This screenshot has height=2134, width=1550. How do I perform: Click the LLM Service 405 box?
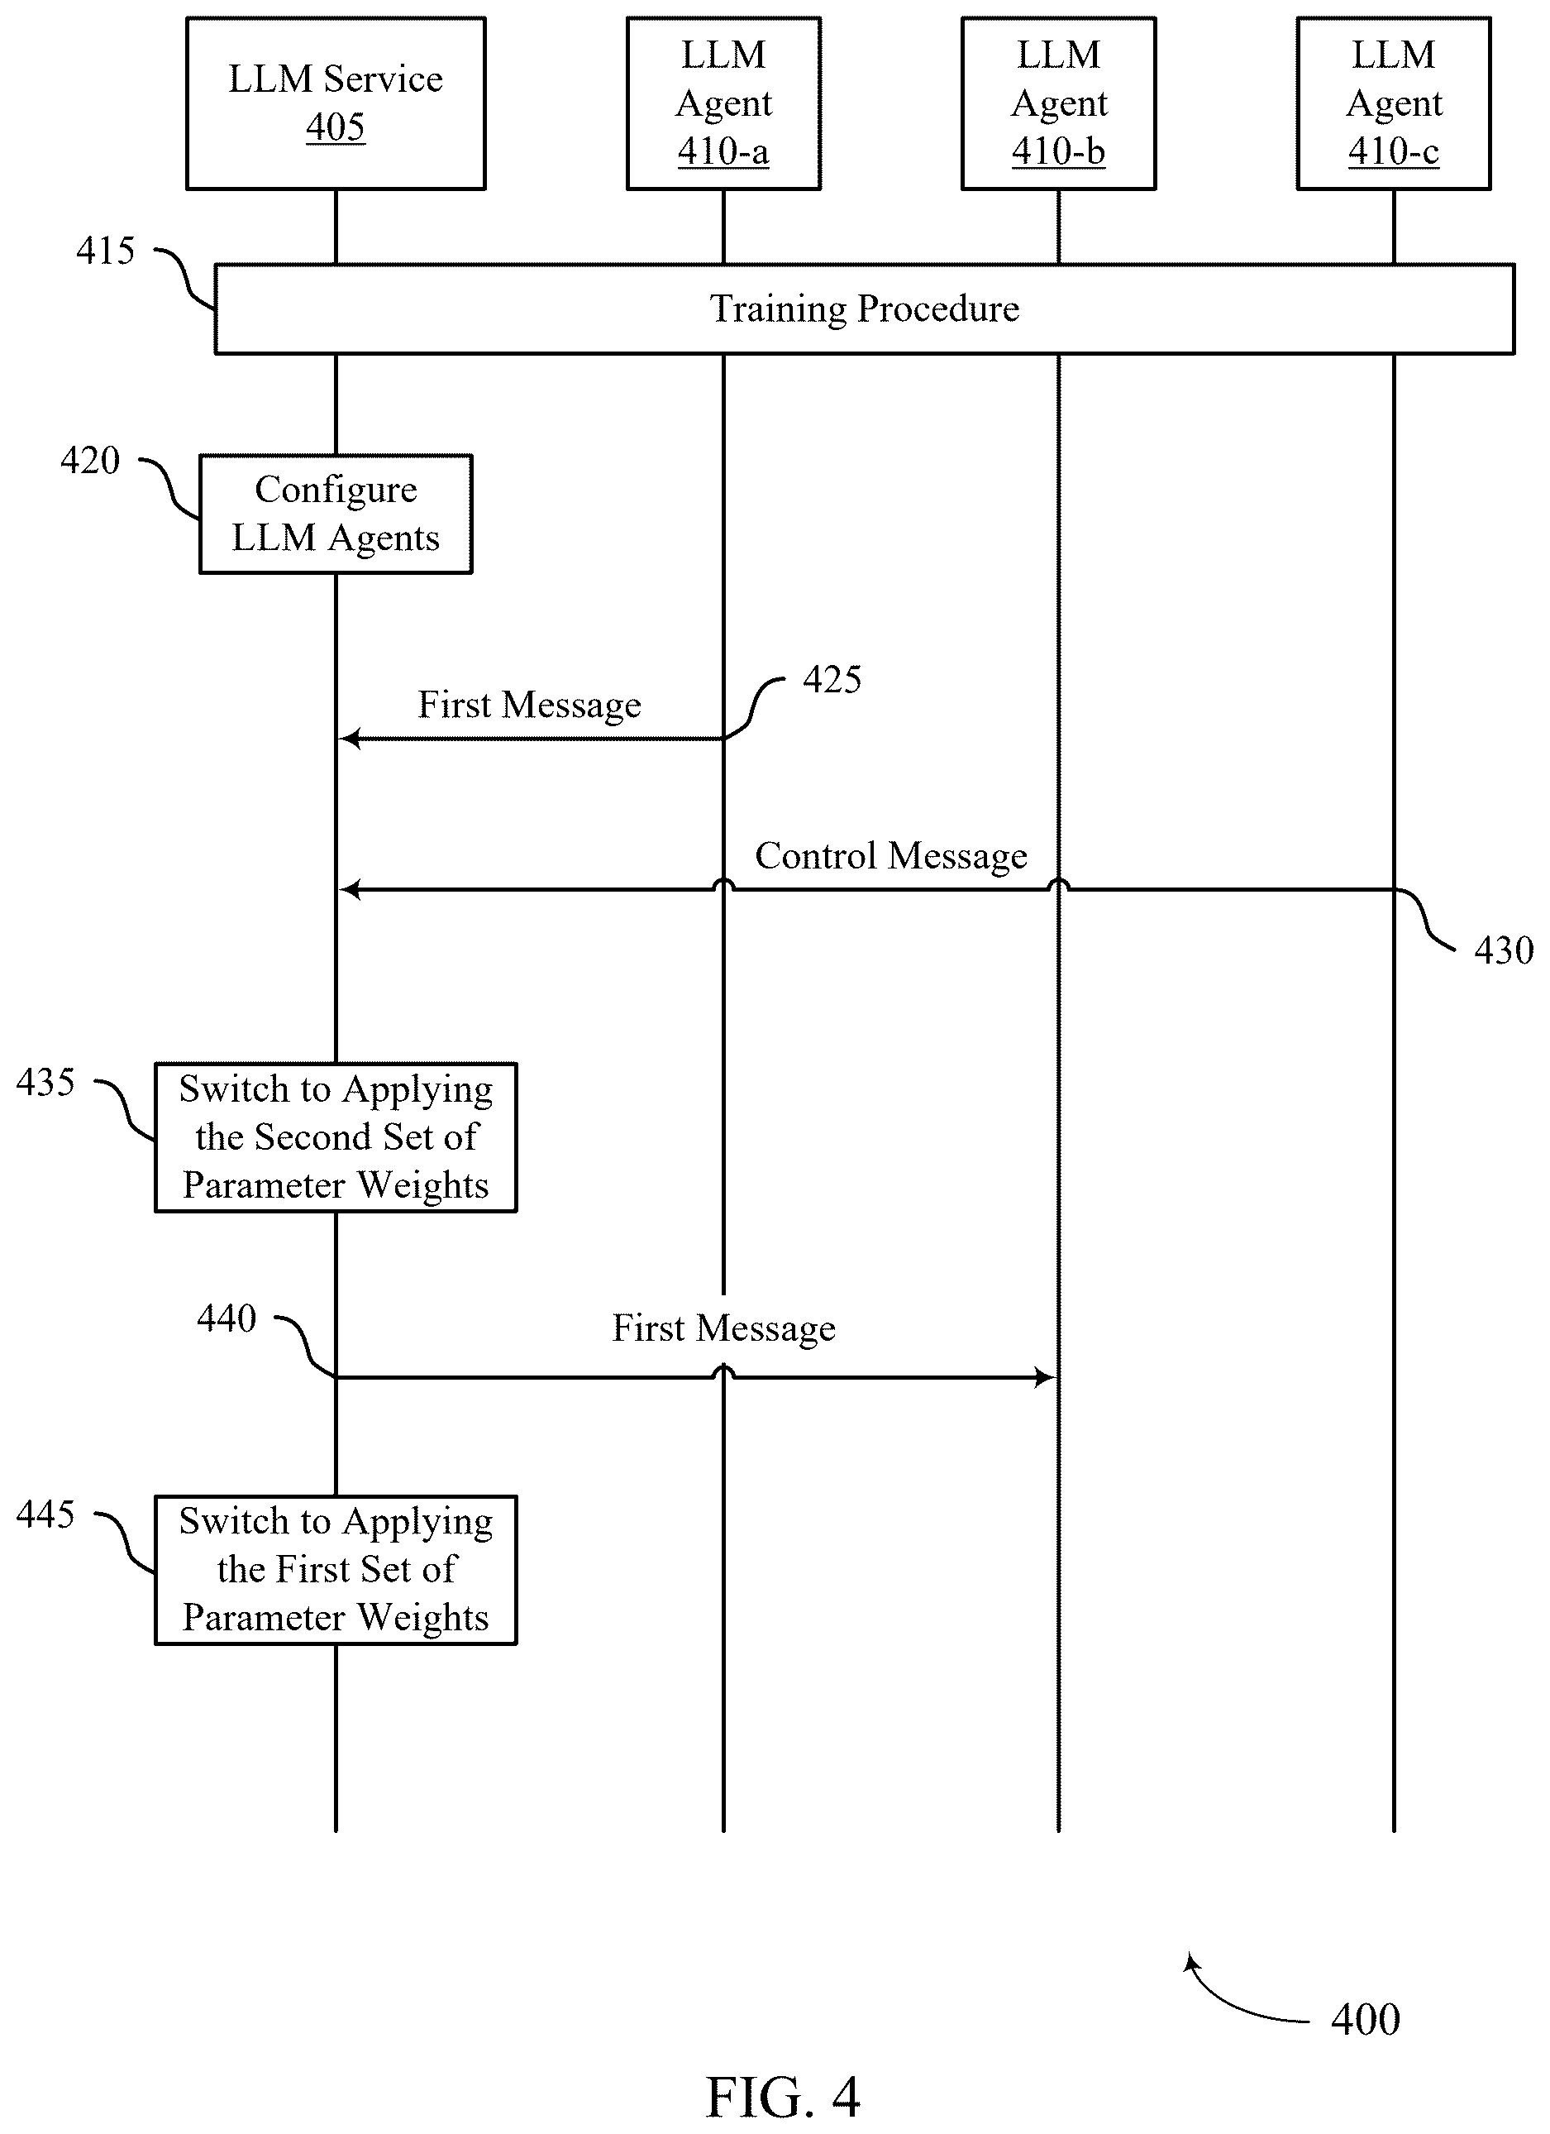[336, 103]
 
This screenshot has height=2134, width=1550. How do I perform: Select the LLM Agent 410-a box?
[723, 103]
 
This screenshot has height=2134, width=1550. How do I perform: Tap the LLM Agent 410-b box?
[1058, 103]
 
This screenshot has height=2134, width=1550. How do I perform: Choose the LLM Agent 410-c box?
[1394, 103]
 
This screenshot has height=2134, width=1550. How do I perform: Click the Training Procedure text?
[865, 309]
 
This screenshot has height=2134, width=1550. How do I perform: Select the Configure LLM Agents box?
[336, 514]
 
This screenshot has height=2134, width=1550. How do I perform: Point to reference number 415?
[105, 251]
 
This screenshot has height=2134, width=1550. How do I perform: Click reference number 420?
[90, 460]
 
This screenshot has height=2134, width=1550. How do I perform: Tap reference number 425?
[832, 679]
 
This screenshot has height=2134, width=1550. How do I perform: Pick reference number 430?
[1504, 950]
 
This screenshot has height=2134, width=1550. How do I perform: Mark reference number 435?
[45, 1082]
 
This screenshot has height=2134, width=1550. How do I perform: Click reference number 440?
[227, 1318]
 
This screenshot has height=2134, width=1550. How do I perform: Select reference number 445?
[45, 1514]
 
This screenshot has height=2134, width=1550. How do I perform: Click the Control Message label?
[890, 856]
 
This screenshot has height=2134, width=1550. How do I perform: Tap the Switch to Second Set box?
[336, 1137]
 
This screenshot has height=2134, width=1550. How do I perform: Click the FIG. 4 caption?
[783, 2098]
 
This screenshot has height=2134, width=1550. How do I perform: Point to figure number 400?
[1366, 2019]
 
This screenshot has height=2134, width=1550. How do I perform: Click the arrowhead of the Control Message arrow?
[349, 889]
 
